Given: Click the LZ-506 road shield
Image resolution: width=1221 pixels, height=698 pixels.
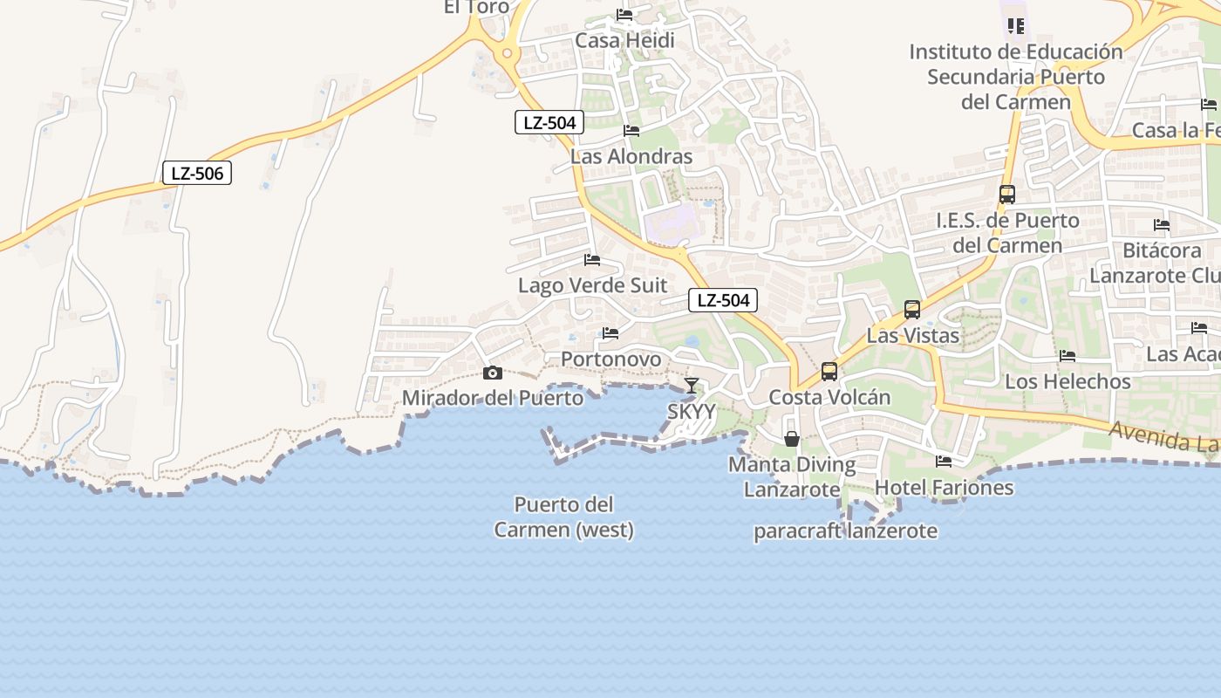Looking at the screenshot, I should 197,173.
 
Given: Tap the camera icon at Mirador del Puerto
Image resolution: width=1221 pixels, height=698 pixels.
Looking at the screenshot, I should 493,373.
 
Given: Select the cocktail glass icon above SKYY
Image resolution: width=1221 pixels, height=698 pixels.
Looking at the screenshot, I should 692,385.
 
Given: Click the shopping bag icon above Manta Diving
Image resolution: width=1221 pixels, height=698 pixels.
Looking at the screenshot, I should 792,438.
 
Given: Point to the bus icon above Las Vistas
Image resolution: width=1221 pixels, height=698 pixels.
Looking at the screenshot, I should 912,309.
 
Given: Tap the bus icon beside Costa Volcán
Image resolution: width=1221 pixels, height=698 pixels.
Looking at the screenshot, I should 829,372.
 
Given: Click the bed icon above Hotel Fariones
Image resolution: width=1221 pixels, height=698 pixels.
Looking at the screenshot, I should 944,461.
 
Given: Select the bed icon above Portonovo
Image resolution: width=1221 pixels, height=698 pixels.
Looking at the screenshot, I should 610,332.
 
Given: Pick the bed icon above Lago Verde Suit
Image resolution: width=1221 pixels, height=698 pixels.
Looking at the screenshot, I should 592,259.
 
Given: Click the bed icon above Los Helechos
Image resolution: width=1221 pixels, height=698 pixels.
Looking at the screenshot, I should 1068,355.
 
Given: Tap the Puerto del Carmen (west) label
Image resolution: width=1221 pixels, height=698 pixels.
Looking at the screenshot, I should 564,517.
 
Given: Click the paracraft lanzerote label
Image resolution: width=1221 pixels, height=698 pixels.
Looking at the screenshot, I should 845,530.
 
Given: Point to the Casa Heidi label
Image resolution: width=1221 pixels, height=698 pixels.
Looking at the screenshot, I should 624,40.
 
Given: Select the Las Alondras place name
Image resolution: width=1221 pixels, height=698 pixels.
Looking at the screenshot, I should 631,157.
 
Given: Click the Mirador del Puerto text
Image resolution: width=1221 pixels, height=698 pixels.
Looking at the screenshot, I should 493,398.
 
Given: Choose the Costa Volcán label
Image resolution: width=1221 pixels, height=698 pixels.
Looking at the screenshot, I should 829,397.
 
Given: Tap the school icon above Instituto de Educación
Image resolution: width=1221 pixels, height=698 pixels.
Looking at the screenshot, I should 1015,25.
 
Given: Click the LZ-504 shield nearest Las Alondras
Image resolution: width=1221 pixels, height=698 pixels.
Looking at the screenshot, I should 549,122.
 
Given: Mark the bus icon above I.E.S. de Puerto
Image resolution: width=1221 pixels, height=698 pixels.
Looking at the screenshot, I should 1007,195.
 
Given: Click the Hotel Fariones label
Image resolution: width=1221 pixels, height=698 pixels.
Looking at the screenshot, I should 944,487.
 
